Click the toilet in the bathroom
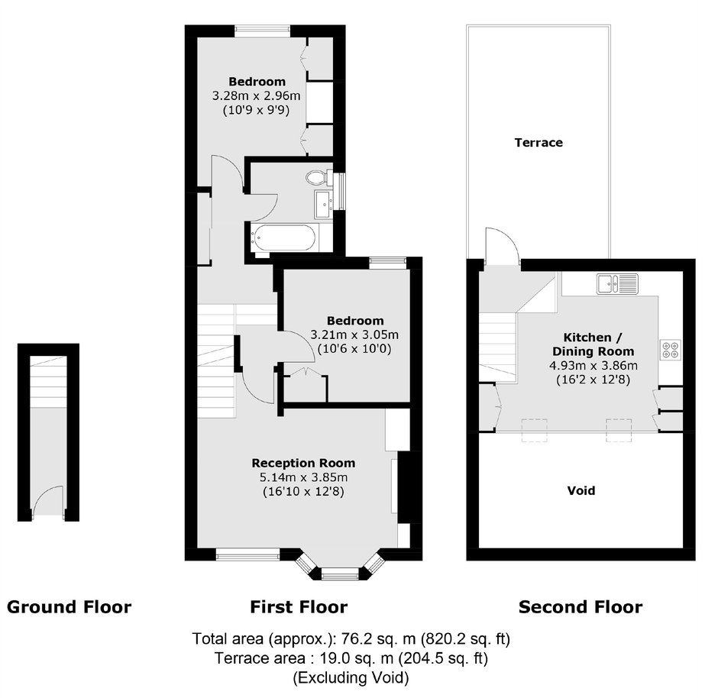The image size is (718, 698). (x=319, y=177)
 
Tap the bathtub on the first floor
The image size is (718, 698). (x=284, y=238)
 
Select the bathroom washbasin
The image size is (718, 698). (x=324, y=204)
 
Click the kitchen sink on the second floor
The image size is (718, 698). (x=617, y=283)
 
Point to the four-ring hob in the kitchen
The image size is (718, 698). (x=671, y=350)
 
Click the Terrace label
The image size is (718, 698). (x=538, y=142)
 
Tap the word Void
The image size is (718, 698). (x=581, y=490)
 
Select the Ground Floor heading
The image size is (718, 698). (x=70, y=607)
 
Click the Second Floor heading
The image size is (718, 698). (x=581, y=607)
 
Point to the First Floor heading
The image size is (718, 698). (x=299, y=607)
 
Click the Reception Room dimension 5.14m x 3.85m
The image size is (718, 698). (x=303, y=477)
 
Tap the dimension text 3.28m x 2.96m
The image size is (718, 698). (x=256, y=95)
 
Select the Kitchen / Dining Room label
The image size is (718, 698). (x=593, y=344)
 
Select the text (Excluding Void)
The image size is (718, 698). (x=351, y=677)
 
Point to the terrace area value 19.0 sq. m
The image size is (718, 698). (x=356, y=658)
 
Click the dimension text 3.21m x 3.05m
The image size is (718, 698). (x=354, y=334)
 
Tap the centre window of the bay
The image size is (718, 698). (x=340, y=572)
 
